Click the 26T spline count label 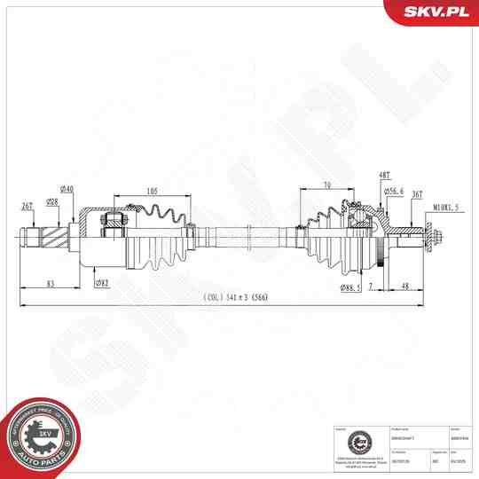tap(27, 206)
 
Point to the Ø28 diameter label tap(52, 202)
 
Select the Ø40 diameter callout tap(66, 189)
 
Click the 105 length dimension tap(153, 191)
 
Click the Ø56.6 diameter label tap(394, 191)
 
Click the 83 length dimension tap(51, 284)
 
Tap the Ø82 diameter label tap(102, 284)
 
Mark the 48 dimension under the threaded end tap(404, 286)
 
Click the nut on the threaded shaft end tap(433, 238)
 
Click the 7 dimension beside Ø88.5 tap(373, 287)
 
